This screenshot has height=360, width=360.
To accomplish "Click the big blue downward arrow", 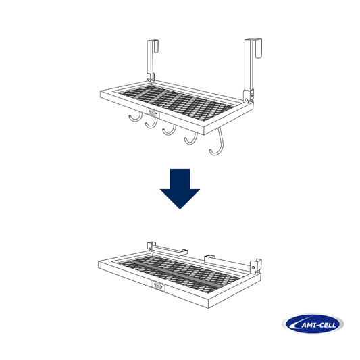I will click(x=180, y=190).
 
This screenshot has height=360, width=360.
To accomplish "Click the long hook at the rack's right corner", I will click(x=216, y=145).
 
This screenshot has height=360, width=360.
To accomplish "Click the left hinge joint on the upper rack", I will click(x=148, y=76).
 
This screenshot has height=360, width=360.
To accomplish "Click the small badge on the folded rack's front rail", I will click(x=158, y=286).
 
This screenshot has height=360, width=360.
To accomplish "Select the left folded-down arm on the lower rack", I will click(x=169, y=250).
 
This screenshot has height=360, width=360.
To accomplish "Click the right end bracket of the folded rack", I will click(x=255, y=265).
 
